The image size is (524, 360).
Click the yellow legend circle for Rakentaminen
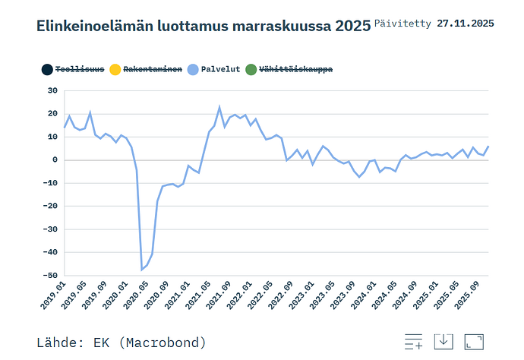point(115,70)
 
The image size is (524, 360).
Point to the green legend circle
point(251,70)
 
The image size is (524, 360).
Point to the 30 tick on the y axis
point(52,90)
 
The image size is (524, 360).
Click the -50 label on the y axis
point(50,275)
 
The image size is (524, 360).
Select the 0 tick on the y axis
point(55,159)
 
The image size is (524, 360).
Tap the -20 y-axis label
point(50,206)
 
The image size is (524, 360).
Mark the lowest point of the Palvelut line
point(141,270)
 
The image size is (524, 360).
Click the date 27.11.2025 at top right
point(466,24)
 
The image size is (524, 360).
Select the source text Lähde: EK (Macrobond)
point(122,343)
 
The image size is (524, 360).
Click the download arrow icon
point(444,343)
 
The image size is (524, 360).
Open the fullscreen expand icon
point(474,343)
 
